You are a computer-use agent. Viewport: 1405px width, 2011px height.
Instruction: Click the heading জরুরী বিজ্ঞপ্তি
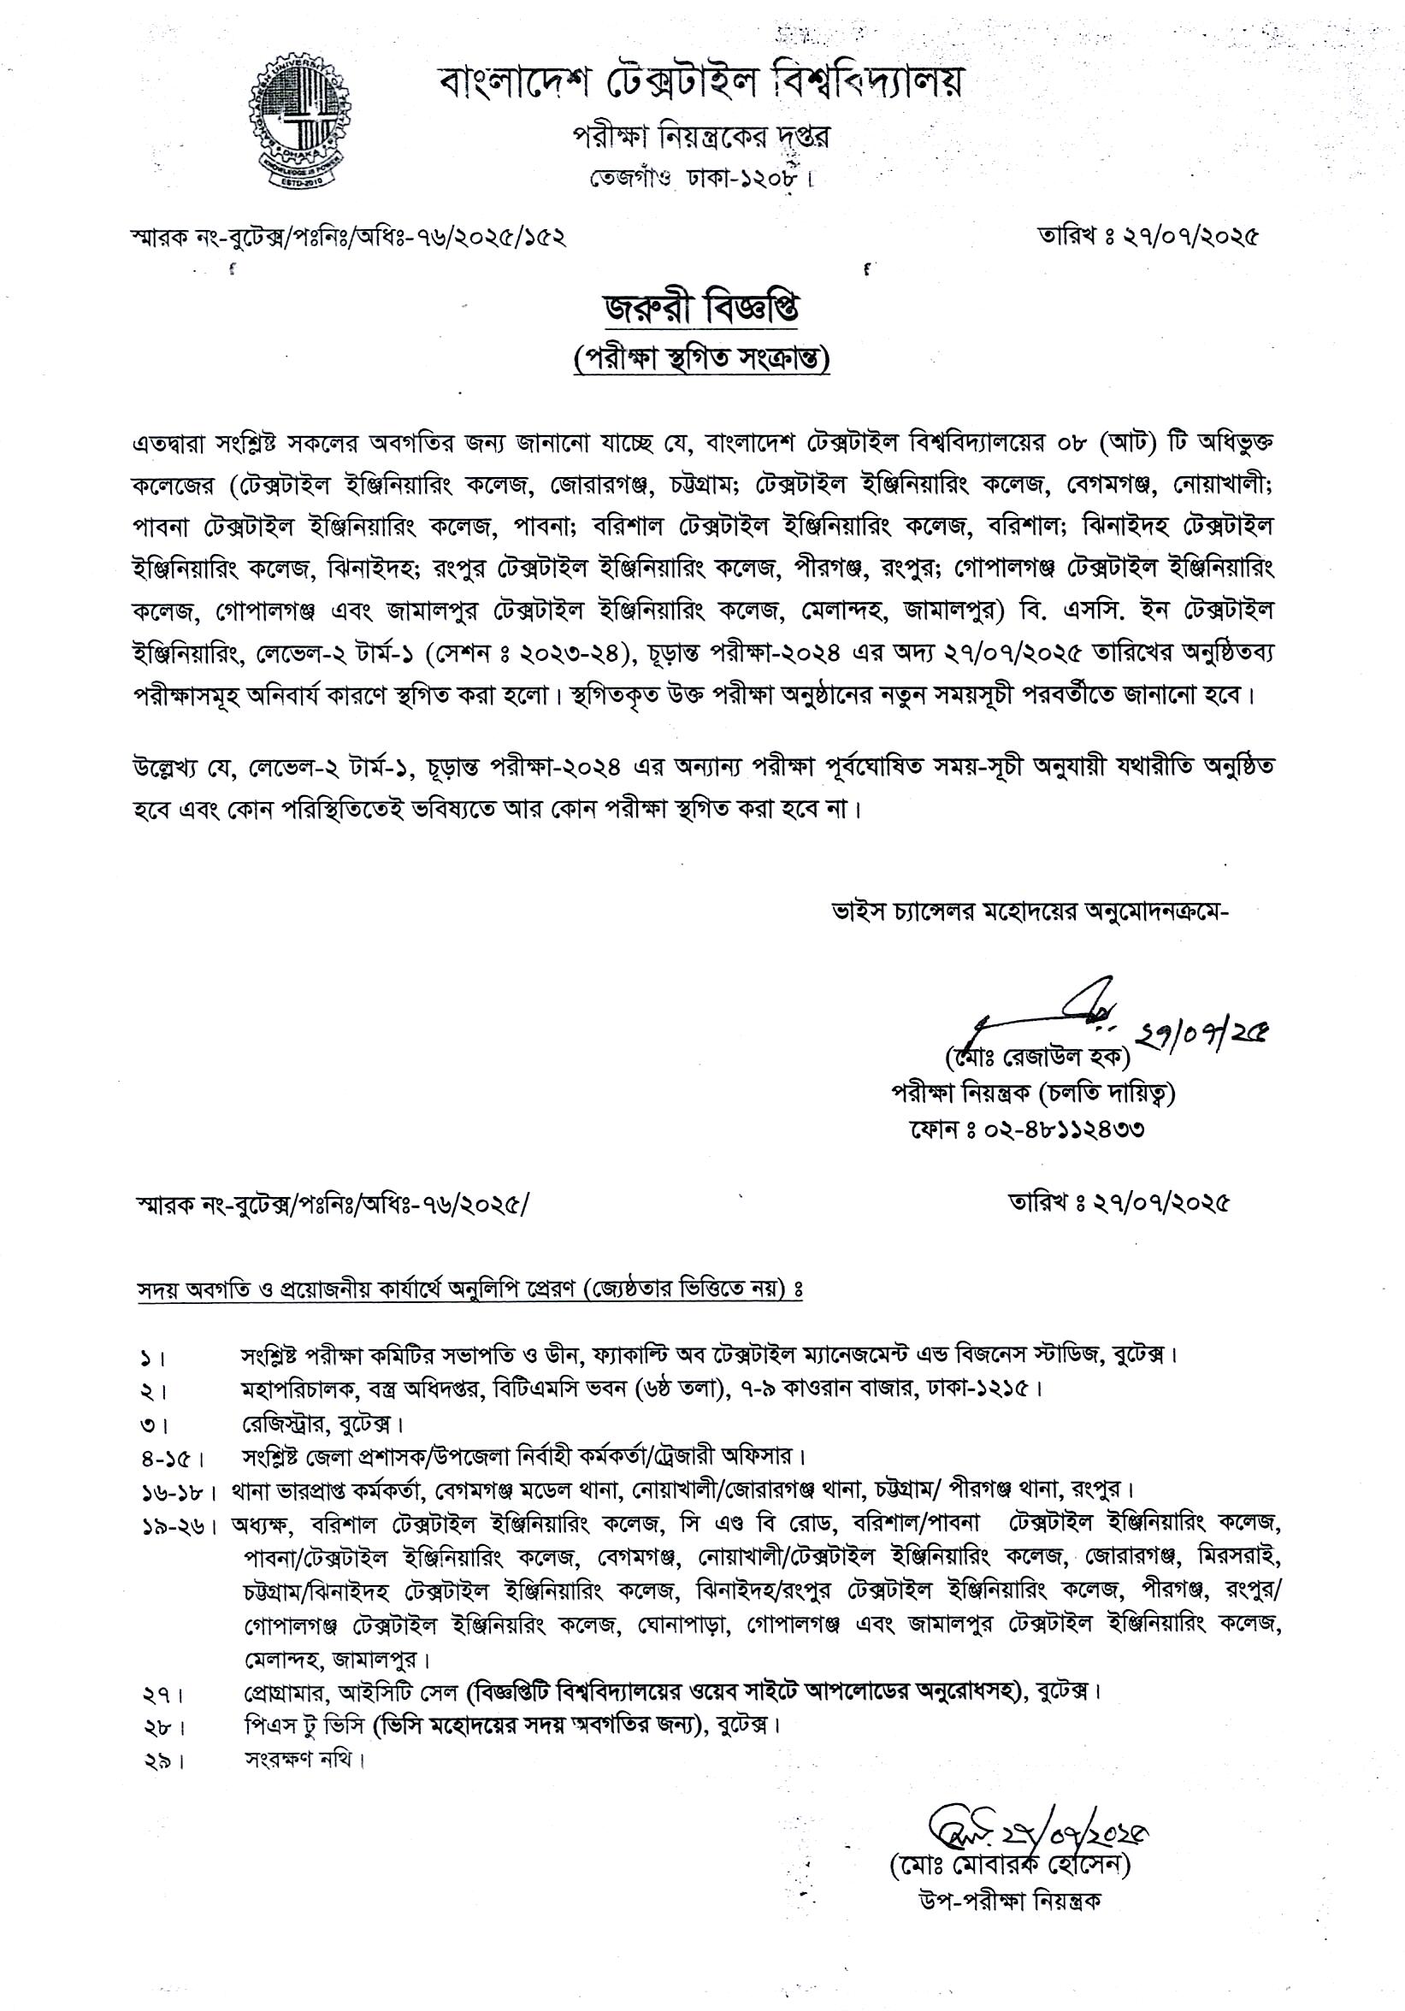[x=701, y=311]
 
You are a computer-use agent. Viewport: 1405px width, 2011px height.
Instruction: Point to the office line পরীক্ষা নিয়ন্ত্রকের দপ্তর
[x=700, y=138]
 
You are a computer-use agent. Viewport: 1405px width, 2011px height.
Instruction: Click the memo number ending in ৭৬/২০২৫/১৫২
[x=347, y=238]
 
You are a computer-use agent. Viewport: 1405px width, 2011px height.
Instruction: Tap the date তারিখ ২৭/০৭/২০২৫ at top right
[x=1148, y=237]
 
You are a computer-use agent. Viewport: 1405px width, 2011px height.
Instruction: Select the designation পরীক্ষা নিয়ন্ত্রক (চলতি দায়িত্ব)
[x=1033, y=1094]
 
